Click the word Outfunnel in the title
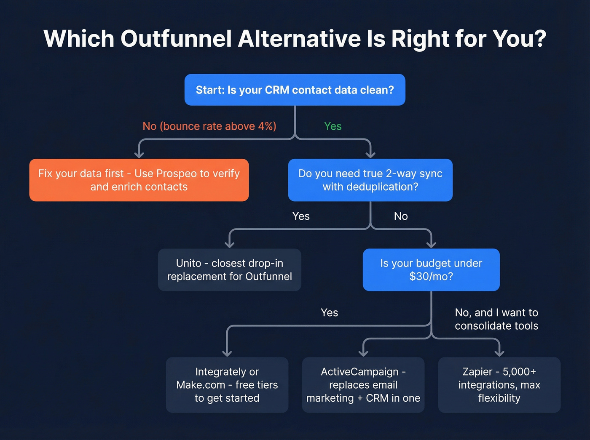[x=176, y=39]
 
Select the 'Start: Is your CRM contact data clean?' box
[x=295, y=90]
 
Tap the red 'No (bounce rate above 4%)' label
[x=209, y=126]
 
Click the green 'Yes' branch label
[x=333, y=126]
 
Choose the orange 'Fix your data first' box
[x=139, y=180]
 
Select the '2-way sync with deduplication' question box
[x=370, y=180]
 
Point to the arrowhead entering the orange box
[x=139, y=155]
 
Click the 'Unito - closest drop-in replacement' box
[x=229, y=270]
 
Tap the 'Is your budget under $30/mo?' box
[x=431, y=270]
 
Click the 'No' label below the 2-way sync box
[x=401, y=216]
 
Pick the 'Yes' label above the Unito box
[x=301, y=216]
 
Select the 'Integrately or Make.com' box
[x=227, y=385]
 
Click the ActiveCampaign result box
[x=363, y=385]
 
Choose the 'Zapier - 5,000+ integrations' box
[x=499, y=385]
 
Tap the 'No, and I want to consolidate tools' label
[x=496, y=319]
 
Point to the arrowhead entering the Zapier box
[x=499, y=353]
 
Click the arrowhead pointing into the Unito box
[x=229, y=244]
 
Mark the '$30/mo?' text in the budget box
[x=431, y=277]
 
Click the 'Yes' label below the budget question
[x=329, y=313]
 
